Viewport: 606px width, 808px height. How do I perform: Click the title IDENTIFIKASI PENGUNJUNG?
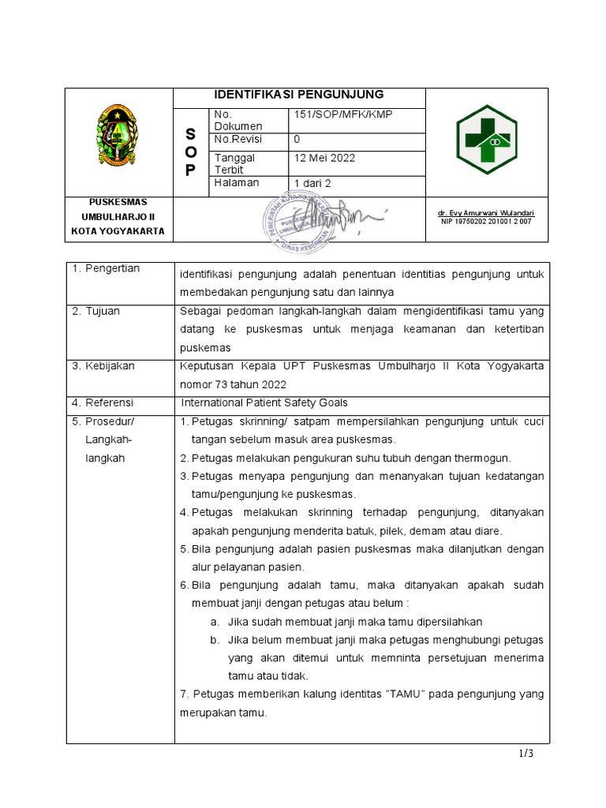click(299, 95)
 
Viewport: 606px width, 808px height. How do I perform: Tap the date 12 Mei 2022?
click(324, 158)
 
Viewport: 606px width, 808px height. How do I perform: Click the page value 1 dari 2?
click(313, 183)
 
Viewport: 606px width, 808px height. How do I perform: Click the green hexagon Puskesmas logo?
click(487, 140)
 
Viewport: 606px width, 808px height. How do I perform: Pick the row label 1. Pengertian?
click(106, 269)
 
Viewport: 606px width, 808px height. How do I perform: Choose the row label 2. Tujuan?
click(96, 311)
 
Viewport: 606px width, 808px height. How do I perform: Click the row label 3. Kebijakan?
click(103, 366)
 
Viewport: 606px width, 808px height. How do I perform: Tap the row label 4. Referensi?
click(103, 402)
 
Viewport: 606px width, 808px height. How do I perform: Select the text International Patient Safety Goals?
click(264, 402)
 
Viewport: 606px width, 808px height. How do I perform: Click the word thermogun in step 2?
click(484, 458)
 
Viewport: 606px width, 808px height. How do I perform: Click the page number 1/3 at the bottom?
click(526, 754)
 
